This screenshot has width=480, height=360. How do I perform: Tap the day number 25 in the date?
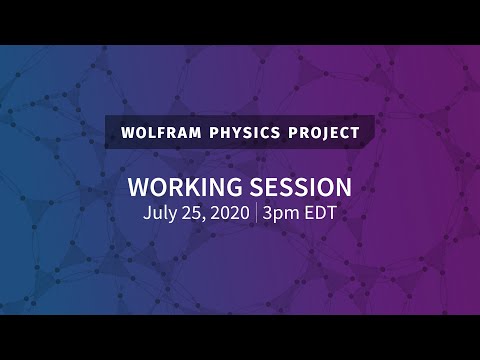tap(193, 212)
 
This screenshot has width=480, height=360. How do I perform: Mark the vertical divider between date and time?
tap(257, 212)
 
